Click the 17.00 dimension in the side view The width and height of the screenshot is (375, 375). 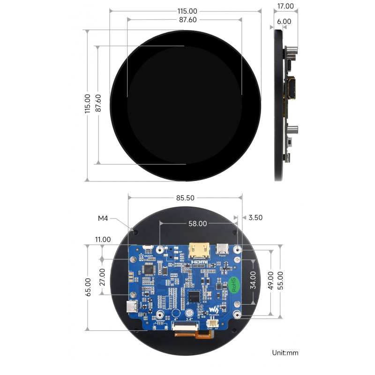285,6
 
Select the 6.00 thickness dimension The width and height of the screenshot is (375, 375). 284,21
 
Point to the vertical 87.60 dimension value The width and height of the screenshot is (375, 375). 98,104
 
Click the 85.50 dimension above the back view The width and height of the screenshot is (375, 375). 185,198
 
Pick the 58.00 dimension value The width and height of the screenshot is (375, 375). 197,224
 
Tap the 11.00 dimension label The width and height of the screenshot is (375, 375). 103,239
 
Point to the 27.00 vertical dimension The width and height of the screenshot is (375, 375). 103,277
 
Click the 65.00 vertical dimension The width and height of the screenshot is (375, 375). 88,287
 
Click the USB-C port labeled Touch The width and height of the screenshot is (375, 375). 132,307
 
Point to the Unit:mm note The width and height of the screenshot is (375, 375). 285,352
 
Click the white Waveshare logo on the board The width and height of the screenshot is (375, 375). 214,310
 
